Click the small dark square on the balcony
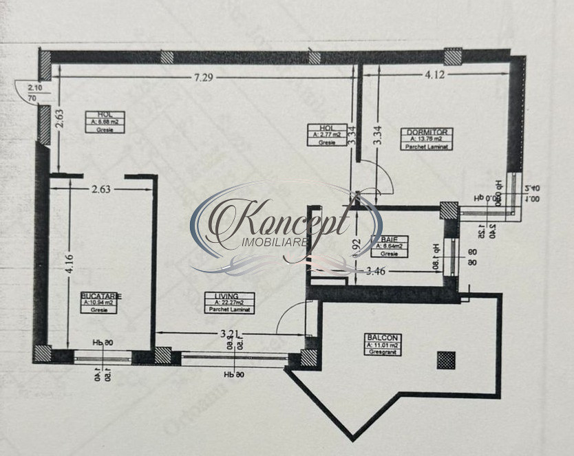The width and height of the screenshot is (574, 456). click(446, 359)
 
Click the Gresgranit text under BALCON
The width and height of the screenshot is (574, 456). click(383, 352)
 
